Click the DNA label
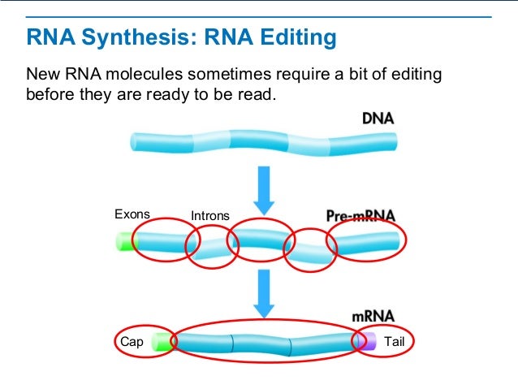click(x=378, y=118)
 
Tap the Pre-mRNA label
click(x=360, y=215)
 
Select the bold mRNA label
click(x=373, y=315)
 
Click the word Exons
click(x=132, y=214)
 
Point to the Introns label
click(x=210, y=216)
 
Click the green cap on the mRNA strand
click(x=164, y=342)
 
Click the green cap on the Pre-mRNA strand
click(x=126, y=242)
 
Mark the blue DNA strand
click(x=264, y=141)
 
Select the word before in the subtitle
click(x=51, y=95)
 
